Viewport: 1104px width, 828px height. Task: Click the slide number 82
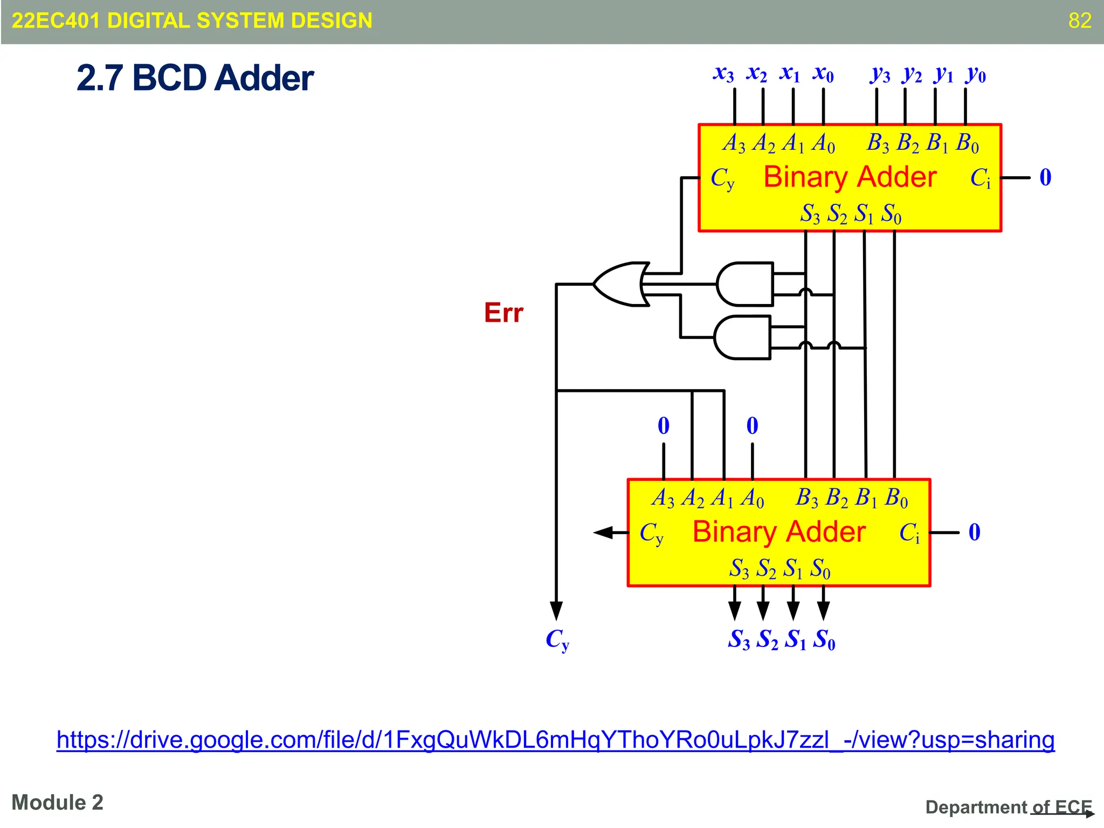[x=1080, y=20]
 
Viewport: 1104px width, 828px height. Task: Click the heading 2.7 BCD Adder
[x=195, y=78]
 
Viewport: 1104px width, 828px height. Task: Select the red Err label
[x=503, y=313]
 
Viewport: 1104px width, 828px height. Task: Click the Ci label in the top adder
[x=980, y=178]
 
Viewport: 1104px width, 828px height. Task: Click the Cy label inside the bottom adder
[x=651, y=533]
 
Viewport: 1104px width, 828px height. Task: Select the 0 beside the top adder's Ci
[x=1045, y=177]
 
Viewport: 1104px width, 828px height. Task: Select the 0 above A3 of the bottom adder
[x=664, y=426]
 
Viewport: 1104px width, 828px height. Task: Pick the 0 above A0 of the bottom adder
[x=752, y=426]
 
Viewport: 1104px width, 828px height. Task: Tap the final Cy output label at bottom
[x=557, y=640]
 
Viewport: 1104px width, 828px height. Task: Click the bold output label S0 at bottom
[x=825, y=640]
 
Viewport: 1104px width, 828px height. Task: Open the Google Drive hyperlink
[x=555, y=740]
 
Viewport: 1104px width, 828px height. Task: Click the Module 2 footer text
[x=57, y=802]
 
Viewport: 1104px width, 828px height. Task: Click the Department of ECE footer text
[x=1008, y=807]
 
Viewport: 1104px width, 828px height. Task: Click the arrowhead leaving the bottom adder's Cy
[x=604, y=533]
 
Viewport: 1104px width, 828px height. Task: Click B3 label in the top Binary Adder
[x=878, y=143]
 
